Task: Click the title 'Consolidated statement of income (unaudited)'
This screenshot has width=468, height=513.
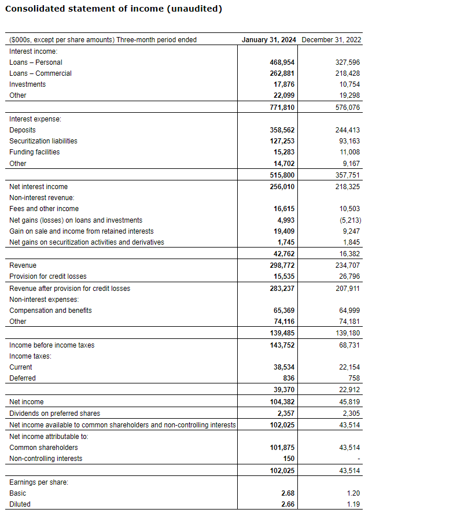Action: pos(113,9)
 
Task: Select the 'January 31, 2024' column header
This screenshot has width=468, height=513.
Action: pos(269,40)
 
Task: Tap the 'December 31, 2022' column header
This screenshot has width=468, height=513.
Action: pos(331,40)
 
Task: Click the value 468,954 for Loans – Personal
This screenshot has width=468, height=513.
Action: pos(282,62)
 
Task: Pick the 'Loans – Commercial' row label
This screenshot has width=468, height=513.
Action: pos(40,73)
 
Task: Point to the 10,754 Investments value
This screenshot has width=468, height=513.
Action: pos(348,84)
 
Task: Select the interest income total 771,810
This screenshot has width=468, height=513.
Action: pos(282,108)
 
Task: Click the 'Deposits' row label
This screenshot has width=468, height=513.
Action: pos(23,130)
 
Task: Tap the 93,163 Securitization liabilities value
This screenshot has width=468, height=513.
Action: pos(348,141)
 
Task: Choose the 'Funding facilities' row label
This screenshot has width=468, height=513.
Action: pos(35,152)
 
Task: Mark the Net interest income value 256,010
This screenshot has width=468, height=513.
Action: pos(282,187)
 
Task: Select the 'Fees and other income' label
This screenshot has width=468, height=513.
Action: pos(44,209)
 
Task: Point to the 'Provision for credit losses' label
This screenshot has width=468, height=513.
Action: pos(48,276)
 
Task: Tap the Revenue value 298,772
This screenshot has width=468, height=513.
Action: pos(282,265)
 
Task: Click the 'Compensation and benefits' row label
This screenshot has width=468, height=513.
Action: pos(50,311)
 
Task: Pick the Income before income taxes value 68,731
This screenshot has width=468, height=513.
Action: pos(348,345)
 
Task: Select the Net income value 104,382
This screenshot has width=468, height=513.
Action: pos(282,402)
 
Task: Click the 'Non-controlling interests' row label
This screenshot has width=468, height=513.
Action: pos(46,459)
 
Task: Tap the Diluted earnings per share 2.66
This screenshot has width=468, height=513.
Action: pos(287,504)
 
